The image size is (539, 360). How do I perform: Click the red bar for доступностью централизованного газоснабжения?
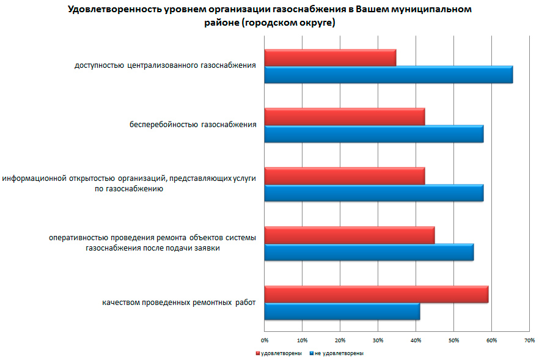(x=330, y=57)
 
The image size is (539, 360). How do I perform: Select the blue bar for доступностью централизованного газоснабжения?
(x=388, y=75)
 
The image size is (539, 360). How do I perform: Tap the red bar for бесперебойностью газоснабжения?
(x=344, y=117)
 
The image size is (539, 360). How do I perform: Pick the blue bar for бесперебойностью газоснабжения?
(x=373, y=134)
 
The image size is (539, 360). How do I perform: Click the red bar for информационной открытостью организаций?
(x=344, y=176)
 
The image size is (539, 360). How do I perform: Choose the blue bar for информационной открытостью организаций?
(x=373, y=193)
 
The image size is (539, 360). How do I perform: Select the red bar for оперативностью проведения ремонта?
(x=349, y=235)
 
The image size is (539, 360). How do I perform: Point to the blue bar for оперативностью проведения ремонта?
(x=369, y=252)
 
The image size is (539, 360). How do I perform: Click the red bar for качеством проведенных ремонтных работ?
(x=376, y=295)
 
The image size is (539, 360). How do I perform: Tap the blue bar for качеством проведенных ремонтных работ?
(x=342, y=312)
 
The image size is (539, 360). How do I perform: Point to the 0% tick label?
(x=265, y=339)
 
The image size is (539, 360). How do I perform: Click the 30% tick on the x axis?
(x=378, y=339)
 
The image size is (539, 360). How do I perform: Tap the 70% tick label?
(x=529, y=339)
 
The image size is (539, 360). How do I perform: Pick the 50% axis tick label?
(x=453, y=339)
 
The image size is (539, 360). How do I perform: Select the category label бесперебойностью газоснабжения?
(x=193, y=125)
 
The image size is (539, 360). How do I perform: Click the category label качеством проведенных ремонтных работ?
(x=178, y=303)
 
